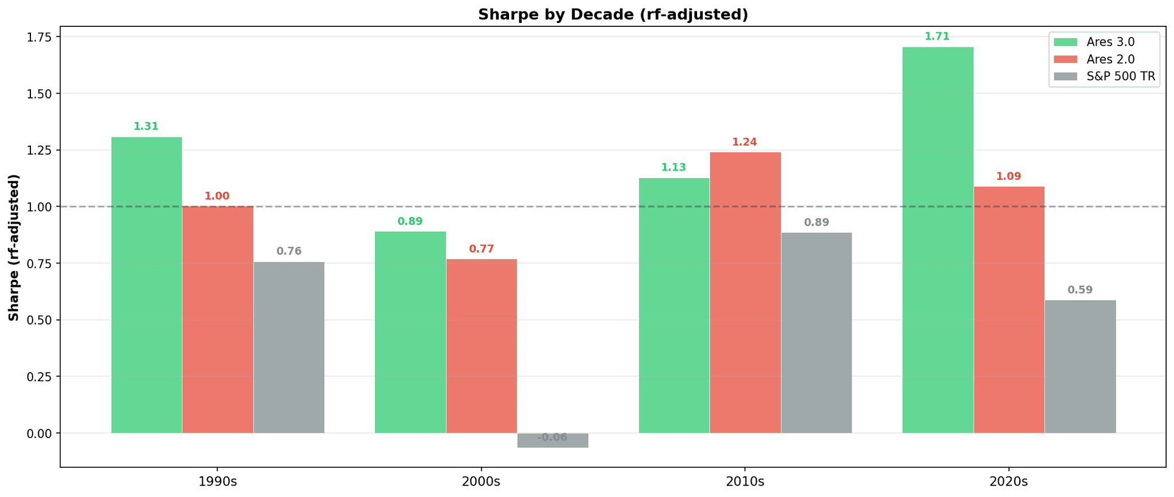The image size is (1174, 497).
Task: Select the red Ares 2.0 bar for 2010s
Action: tap(745, 292)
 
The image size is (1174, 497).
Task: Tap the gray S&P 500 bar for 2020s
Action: tap(1080, 366)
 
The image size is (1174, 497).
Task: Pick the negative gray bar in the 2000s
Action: tap(553, 440)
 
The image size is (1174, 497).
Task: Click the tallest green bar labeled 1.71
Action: tap(937, 240)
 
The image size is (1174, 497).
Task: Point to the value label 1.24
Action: tap(744, 142)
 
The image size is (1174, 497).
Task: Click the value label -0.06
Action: tap(552, 437)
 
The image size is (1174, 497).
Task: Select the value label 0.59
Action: tap(1080, 290)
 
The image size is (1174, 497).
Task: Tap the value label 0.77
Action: tap(481, 249)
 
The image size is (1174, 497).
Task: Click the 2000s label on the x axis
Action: tap(481, 482)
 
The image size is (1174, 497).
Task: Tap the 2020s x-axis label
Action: tap(1008, 482)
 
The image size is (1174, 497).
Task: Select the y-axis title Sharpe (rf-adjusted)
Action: tap(14, 247)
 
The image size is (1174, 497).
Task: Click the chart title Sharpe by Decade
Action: tap(613, 14)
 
